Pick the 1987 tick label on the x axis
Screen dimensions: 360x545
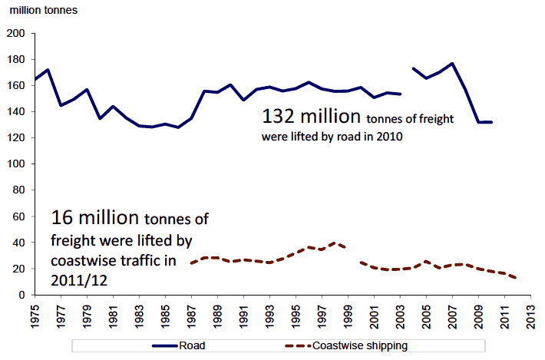pyautogui.click(x=192, y=313)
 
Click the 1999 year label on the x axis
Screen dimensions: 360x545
pyautogui.click(x=348, y=313)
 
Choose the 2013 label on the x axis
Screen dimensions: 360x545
pyautogui.click(x=530, y=313)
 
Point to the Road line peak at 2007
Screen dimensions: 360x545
pyautogui.click(x=452, y=64)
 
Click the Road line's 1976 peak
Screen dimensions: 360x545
pyautogui.click(x=48, y=70)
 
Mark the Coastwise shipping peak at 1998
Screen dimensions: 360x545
pyautogui.click(x=335, y=243)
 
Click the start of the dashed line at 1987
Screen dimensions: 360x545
pyautogui.click(x=192, y=263)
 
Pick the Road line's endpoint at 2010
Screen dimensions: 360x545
pyautogui.click(x=491, y=122)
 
